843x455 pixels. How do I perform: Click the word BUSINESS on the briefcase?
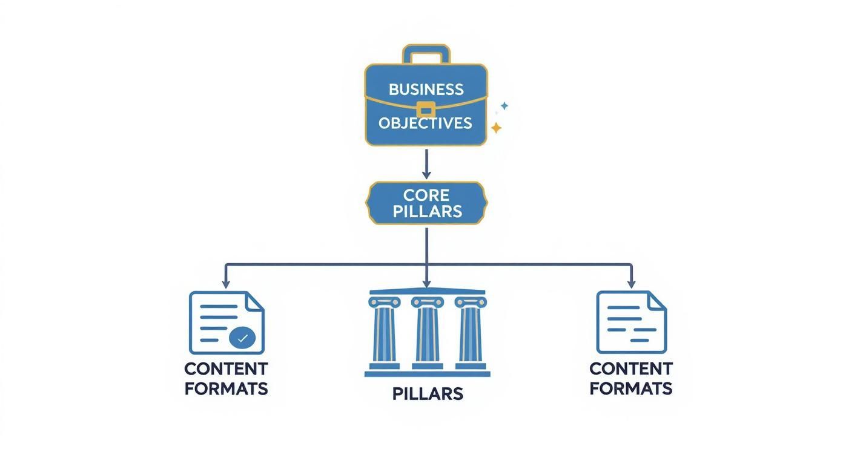click(426, 90)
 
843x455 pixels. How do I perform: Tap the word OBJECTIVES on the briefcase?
click(425, 123)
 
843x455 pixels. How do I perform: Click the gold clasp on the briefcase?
click(426, 110)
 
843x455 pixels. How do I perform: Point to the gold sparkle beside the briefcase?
click(496, 128)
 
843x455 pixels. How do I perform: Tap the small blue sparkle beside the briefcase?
click(504, 106)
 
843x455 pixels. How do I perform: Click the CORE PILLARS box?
click(426, 203)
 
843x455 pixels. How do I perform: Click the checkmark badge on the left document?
click(242, 338)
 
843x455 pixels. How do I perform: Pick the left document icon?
click(226, 322)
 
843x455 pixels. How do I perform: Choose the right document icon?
click(631, 322)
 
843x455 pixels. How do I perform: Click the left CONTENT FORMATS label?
click(226, 378)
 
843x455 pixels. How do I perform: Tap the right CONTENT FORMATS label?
click(631, 378)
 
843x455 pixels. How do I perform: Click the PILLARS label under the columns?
click(428, 394)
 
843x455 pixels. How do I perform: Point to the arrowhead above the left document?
click(226, 284)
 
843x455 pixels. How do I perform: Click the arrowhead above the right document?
click(631, 284)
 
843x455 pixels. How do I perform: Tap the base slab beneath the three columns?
click(427, 374)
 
